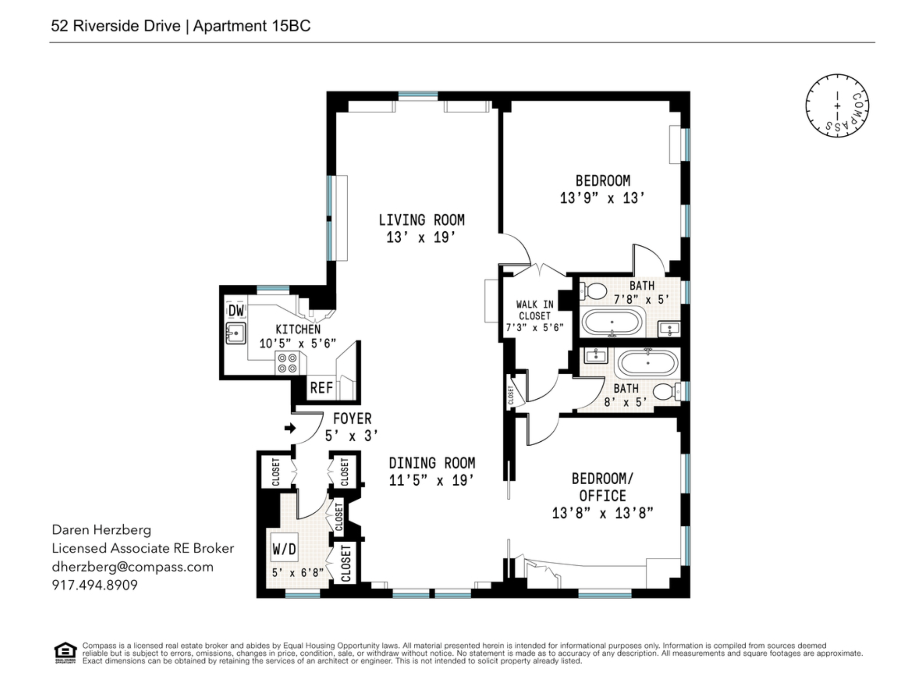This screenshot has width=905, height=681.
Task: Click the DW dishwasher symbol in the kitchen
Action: tap(236, 311)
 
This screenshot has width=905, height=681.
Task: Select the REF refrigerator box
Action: tap(321, 387)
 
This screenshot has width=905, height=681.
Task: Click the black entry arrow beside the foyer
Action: tap(290, 428)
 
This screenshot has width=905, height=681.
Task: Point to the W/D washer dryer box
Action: tap(284, 549)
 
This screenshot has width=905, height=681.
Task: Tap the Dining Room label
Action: tap(432, 463)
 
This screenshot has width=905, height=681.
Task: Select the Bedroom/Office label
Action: tap(602, 487)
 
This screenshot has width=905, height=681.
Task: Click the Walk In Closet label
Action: tap(535, 310)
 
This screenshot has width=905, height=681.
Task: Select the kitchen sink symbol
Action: tap(236, 333)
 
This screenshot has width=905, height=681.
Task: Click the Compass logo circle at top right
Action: tap(837, 106)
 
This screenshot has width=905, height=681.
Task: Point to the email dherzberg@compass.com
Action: tap(132, 567)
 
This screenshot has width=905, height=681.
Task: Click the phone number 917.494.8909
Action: tap(94, 585)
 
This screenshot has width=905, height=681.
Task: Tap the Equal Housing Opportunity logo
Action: tap(65, 653)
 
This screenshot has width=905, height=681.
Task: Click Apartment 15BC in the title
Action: tap(252, 26)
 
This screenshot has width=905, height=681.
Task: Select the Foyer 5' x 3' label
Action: tap(352, 427)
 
